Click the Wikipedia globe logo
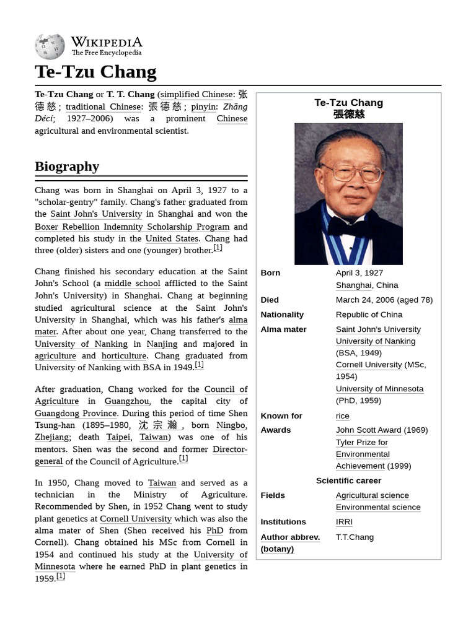click(50, 46)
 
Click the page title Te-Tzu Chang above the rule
click(95, 72)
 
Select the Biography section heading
click(67, 166)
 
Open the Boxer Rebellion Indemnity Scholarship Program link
click(132, 227)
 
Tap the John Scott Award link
click(368, 430)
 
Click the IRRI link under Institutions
click(344, 522)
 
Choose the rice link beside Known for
click(342, 415)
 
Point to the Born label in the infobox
click(270, 273)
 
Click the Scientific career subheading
click(348, 480)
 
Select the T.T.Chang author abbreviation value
click(355, 537)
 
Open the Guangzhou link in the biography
click(126, 401)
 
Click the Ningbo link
click(231, 425)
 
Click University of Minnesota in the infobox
click(379, 389)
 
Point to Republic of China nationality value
click(369, 315)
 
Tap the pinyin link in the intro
click(203, 106)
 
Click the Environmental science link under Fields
click(377, 507)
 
